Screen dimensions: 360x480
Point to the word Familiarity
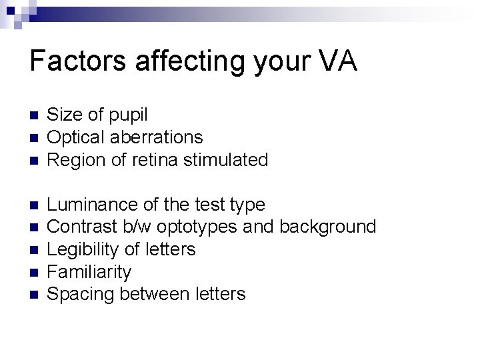tap(89, 272)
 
